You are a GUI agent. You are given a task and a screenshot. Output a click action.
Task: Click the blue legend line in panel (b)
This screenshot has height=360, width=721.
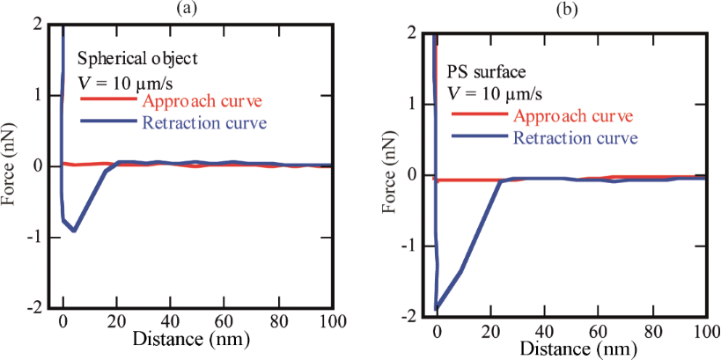coord(480,137)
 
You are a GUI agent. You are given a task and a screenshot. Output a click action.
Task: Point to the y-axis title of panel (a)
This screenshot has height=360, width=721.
coord(10,167)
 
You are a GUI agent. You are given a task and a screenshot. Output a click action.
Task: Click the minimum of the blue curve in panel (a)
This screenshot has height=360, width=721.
coord(75,231)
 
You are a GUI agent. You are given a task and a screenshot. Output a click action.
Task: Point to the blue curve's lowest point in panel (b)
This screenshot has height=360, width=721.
coord(437,309)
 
